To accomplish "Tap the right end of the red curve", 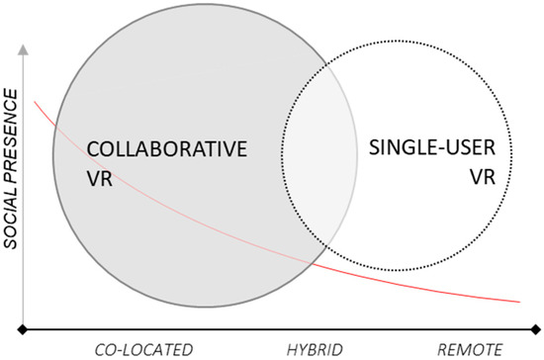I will (x=519, y=301).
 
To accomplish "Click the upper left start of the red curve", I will (x=36, y=100).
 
